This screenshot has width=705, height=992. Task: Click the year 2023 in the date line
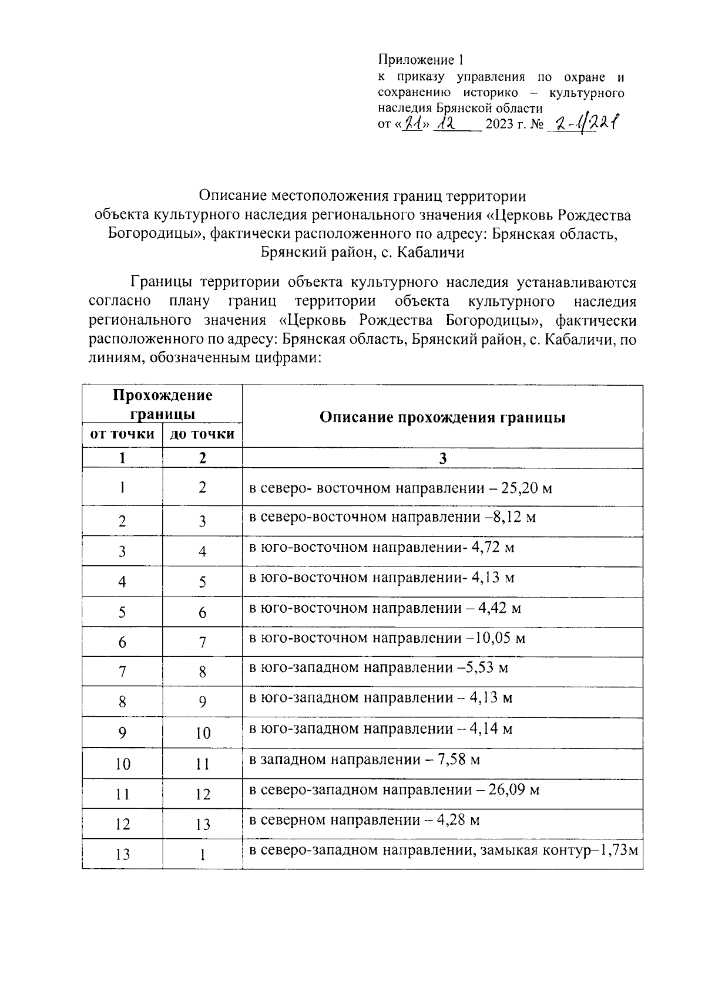click(499, 126)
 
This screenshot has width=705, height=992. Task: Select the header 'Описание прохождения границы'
click(442, 417)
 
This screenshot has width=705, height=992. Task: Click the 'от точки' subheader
click(122, 434)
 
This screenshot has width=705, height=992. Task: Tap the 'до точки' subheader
click(202, 434)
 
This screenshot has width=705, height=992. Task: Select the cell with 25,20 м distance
click(401, 488)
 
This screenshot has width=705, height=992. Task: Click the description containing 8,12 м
click(392, 518)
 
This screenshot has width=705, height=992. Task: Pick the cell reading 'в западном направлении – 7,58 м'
click(364, 761)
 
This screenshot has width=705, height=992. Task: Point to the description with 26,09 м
click(394, 790)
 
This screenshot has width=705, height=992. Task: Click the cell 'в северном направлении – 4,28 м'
click(364, 820)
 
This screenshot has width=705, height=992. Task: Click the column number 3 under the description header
click(442, 458)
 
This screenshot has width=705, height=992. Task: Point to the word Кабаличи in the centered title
click(430, 253)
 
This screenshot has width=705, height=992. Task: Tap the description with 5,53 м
click(378, 668)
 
